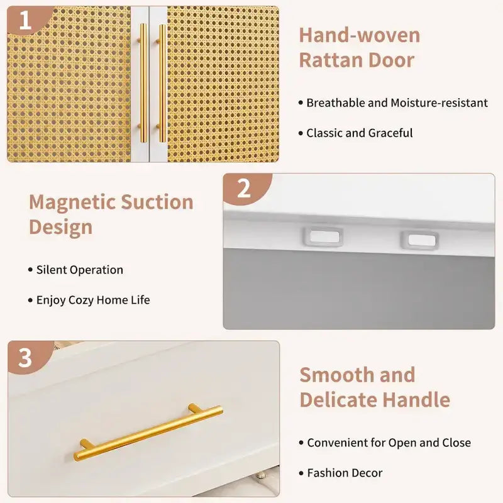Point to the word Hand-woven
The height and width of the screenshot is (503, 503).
[x=359, y=35]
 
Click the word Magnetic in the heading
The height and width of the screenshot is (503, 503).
[x=72, y=202]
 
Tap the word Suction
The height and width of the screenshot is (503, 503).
[x=157, y=202]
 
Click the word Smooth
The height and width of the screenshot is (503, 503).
[x=337, y=375]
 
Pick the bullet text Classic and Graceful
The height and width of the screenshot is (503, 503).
[x=359, y=133]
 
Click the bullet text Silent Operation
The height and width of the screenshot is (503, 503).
[x=80, y=270]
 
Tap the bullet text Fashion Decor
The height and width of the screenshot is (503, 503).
[x=345, y=473]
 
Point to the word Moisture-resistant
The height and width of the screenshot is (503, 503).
[x=439, y=102]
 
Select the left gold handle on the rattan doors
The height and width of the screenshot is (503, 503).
[x=143, y=83]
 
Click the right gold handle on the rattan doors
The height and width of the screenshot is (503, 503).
[x=162, y=83]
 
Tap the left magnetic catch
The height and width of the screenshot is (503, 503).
[x=323, y=237]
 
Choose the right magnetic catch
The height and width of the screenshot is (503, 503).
[x=419, y=240]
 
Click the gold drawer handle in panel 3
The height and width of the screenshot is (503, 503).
[x=148, y=432]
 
